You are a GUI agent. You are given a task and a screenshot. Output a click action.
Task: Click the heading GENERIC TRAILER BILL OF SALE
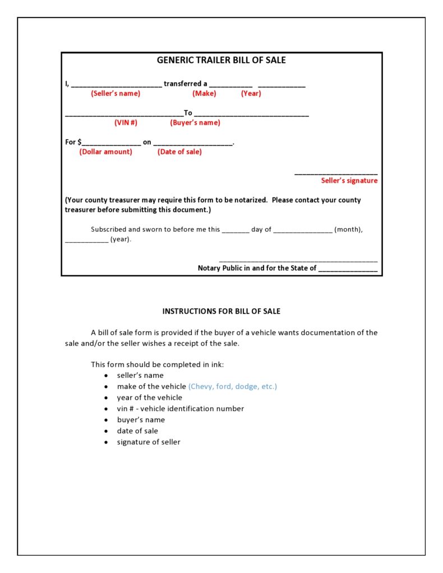(221, 60)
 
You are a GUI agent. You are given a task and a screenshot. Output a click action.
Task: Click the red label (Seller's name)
(116, 94)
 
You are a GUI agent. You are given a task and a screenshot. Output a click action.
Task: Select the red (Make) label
(204, 94)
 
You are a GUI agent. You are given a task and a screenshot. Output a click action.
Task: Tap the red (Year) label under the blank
(251, 94)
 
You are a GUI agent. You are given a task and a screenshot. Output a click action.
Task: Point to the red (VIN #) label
(126, 123)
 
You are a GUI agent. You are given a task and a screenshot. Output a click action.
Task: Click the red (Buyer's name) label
(195, 123)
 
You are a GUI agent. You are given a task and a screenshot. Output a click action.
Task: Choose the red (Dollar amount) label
(106, 152)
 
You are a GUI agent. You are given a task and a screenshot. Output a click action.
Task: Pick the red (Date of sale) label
(179, 152)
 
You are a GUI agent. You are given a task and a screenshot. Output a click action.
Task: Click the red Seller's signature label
(349, 181)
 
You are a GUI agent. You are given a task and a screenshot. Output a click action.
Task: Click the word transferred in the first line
(182, 84)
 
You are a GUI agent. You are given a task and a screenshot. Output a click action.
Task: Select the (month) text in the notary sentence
(348, 229)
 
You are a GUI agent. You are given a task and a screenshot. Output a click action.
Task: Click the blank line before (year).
(86, 241)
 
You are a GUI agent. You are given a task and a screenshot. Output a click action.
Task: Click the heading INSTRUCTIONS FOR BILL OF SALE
(221, 311)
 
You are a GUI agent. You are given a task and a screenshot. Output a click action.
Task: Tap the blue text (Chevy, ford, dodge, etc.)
(232, 386)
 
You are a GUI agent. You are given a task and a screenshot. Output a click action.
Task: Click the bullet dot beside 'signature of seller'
(106, 442)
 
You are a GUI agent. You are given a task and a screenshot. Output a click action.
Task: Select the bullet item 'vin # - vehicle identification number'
(180, 409)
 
